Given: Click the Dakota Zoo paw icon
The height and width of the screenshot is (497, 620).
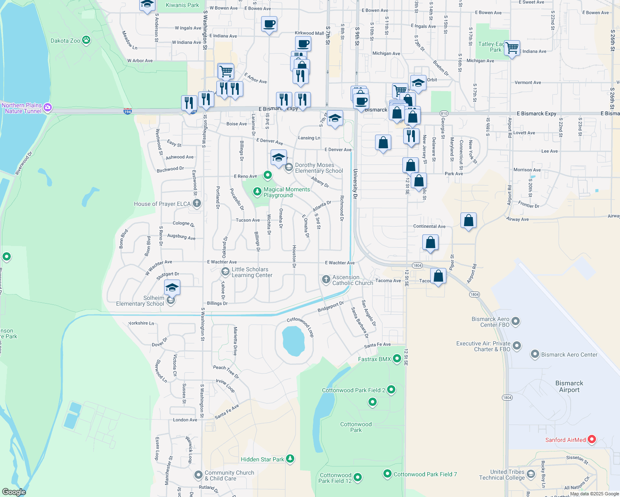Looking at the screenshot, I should pyautogui.click(x=86, y=40).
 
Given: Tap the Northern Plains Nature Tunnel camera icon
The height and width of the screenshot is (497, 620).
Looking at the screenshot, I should pyautogui.click(x=48, y=108).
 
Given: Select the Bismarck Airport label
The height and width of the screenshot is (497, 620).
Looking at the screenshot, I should pyautogui.click(x=569, y=386).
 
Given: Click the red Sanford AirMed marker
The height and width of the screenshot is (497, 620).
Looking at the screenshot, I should pyautogui.click(x=592, y=439).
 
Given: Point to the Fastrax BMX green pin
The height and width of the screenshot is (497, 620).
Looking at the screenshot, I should pyautogui.click(x=397, y=358).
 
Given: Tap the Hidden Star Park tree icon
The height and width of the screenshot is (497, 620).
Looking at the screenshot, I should pyautogui.click(x=290, y=458).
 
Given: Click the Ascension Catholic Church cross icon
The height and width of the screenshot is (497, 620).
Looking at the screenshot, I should pyautogui.click(x=326, y=280).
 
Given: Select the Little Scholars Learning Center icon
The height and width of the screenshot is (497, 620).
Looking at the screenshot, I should pyautogui.click(x=225, y=272).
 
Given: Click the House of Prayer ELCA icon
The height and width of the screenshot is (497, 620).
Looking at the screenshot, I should pyautogui.click(x=197, y=203).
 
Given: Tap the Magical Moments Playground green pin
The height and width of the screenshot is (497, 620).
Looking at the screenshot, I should pyautogui.click(x=257, y=191).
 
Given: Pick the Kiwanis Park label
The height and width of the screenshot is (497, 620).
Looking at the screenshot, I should pyautogui.click(x=182, y=5).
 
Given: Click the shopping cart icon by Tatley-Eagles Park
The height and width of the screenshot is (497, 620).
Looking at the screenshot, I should pyautogui.click(x=512, y=48).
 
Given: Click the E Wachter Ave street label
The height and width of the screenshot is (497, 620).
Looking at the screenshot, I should pyautogui.click(x=222, y=262).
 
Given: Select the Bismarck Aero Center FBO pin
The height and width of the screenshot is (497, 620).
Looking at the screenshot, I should pyautogui.click(x=516, y=321).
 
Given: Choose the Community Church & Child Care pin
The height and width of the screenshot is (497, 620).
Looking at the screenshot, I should pyautogui.click(x=199, y=475).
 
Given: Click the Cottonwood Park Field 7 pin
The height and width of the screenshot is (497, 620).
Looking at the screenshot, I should pyautogui.click(x=387, y=473).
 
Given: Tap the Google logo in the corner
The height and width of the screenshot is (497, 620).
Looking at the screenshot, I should pyautogui.click(x=14, y=492).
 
